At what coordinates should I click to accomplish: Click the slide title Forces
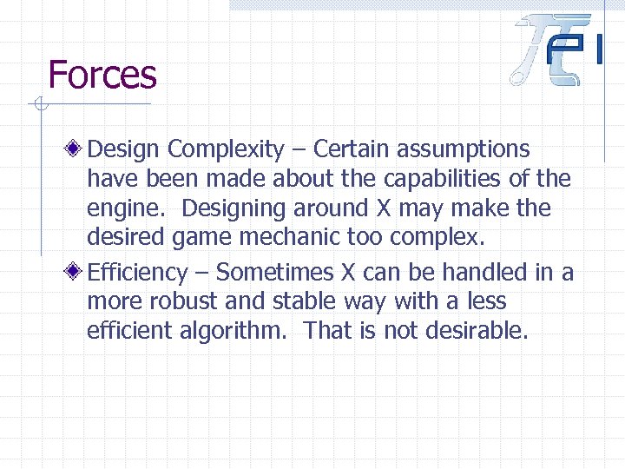[102, 75]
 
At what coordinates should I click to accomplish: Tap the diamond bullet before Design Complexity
[76, 149]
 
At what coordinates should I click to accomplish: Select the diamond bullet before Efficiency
[76, 272]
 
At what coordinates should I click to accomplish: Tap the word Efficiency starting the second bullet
[137, 273]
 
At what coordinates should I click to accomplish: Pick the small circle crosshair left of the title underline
[38, 107]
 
